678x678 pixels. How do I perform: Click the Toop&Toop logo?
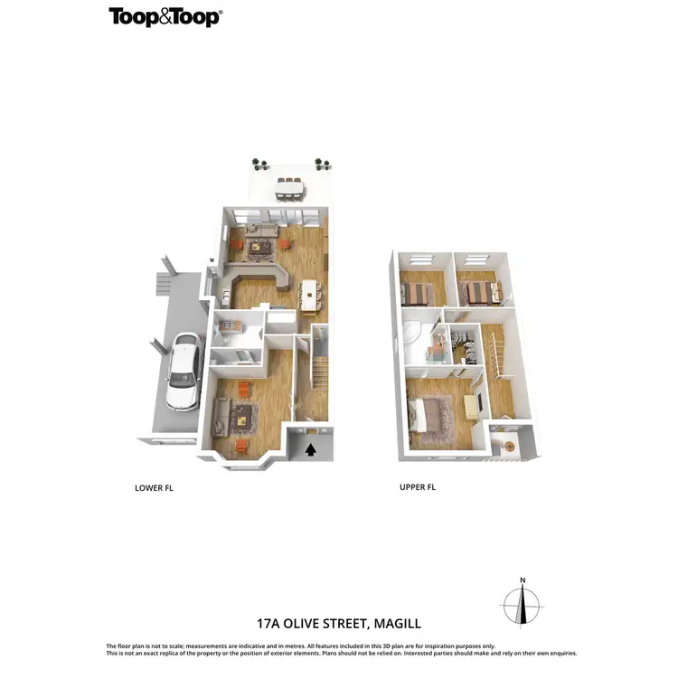click(x=165, y=17)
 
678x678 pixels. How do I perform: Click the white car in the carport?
click(x=181, y=371)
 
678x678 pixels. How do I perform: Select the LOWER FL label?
click(x=153, y=487)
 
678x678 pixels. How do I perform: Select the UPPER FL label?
click(x=418, y=487)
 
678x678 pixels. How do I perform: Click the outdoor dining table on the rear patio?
click(x=289, y=186)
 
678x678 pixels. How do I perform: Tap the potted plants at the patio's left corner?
click(x=260, y=164)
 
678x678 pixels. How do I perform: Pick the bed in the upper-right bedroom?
click(x=477, y=293)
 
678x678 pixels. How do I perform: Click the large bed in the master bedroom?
click(x=432, y=417)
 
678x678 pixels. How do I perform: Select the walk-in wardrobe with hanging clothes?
click(x=463, y=346)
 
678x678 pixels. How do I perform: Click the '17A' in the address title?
click(x=270, y=624)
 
